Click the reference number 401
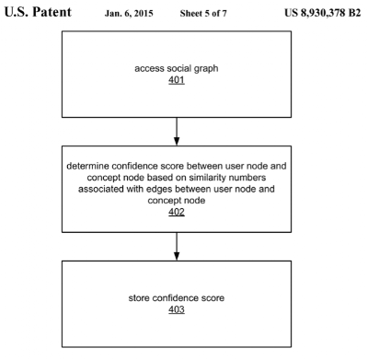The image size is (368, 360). (177, 80)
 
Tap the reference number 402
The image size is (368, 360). (177, 212)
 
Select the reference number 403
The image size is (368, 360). (177, 309)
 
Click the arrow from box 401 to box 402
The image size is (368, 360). (177, 132)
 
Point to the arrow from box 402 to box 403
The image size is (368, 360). (177, 247)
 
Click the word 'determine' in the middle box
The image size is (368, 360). (87, 166)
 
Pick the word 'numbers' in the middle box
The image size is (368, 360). (247, 178)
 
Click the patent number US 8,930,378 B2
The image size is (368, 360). (322, 13)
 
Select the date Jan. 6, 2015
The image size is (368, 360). (129, 14)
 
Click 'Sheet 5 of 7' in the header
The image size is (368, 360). (203, 13)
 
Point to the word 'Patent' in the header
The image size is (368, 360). (52, 12)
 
